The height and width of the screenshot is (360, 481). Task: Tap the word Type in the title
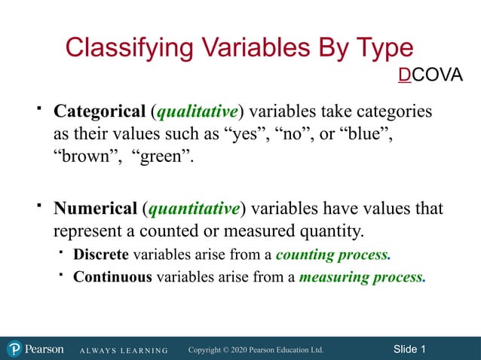coord(382,47)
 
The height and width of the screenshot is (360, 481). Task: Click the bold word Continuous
coord(112,276)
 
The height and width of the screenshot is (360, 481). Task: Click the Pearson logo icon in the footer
coord(15,349)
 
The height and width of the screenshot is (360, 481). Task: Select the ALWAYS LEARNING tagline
coord(122,350)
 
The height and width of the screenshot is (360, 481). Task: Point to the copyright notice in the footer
coord(256,349)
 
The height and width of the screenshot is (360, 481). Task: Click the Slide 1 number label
coord(409,349)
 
